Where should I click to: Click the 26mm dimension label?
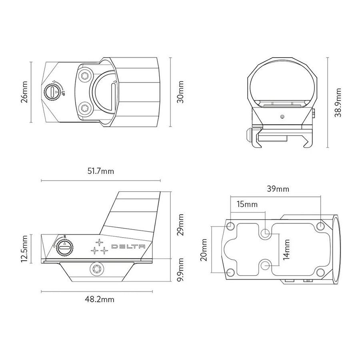pyautogui.click(x=24, y=92)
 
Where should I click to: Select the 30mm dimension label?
pyautogui.click(x=180, y=92)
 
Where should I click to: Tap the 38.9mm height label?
pyautogui.click(x=338, y=102)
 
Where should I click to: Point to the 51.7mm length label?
pyautogui.click(x=100, y=171)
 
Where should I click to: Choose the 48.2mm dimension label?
pyautogui.click(x=100, y=299)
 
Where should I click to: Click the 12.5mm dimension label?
pyautogui.click(x=24, y=249)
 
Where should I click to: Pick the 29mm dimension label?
pyautogui.click(x=181, y=224)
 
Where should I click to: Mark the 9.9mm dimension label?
pyautogui.click(x=181, y=270)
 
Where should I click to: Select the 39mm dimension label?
pyautogui.click(x=278, y=189)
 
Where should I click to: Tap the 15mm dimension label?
pyautogui.click(x=247, y=204)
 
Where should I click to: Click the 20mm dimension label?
pyautogui.click(x=204, y=250)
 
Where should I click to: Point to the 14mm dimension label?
pyautogui.click(x=286, y=250)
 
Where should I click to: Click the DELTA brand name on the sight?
pyautogui.click(x=128, y=246)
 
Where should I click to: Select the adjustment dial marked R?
pyautogui.click(x=65, y=248)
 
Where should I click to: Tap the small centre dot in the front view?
pyautogui.click(x=282, y=117)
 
